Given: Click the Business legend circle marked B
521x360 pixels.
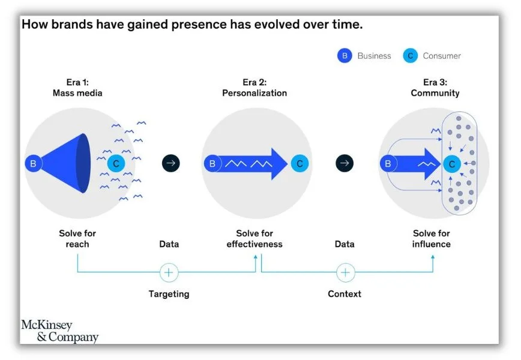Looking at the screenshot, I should pyautogui.click(x=345, y=56).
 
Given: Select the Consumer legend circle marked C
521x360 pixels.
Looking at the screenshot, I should pyautogui.click(x=411, y=56).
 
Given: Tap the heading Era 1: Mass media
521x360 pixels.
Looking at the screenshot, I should pyautogui.click(x=77, y=88).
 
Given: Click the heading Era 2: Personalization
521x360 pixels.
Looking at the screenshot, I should pyautogui.click(x=254, y=88).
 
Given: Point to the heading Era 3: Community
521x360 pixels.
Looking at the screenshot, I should pyautogui.click(x=435, y=88).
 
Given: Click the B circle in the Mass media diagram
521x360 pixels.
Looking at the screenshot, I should pyautogui.click(x=33, y=163).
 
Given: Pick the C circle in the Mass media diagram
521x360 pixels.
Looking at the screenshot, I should pyautogui.click(x=116, y=163).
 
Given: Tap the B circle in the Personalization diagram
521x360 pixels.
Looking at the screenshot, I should pyautogui.click(x=212, y=163).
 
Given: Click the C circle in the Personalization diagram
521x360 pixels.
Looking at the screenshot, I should pyautogui.click(x=299, y=163).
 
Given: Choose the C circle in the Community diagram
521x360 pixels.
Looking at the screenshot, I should pyautogui.click(x=452, y=163).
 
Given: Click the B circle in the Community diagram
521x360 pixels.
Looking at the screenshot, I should pyautogui.click(x=388, y=163).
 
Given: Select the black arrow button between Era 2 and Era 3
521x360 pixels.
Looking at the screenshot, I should pyautogui.click(x=345, y=163).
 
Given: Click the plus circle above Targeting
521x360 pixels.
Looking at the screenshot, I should pyautogui.click(x=169, y=272).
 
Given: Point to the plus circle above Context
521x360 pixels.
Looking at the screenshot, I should pyautogui.click(x=345, y=272).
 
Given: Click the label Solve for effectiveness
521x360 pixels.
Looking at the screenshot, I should pyautogui.click(x=254, y=239).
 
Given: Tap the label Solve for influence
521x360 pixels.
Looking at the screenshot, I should pyautogui.click(x=432, y=239).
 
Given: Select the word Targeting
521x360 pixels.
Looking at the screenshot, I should pyautogui.click(x=169, y=294).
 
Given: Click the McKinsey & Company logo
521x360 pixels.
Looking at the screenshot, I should pyautogui.click(x=59, y=331).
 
